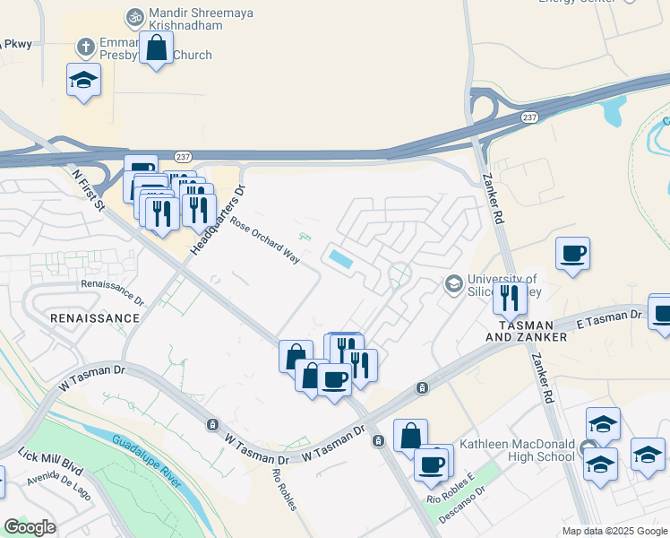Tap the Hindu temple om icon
click(x=135, y=16)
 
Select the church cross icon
click(x=85, y=46)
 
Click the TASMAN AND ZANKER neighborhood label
click(x=526, y=329)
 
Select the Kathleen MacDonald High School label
click(x=517, y=450)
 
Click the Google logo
click(x=30, y=527)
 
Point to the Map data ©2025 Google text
click(x=614, y=531)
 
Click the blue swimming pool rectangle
click(x=341, y=259)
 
